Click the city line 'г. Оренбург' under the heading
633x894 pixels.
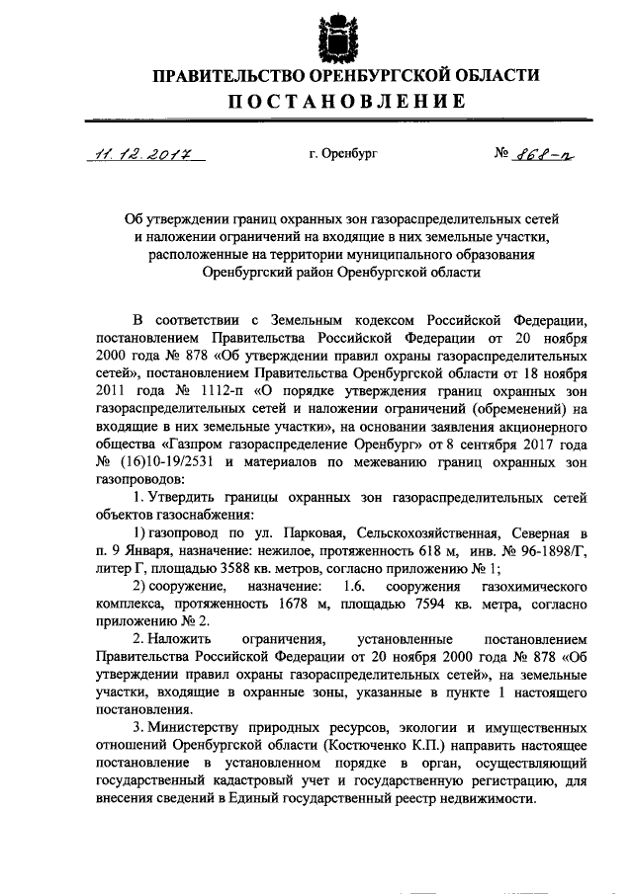pyautogui.click(x=343, y=154)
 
